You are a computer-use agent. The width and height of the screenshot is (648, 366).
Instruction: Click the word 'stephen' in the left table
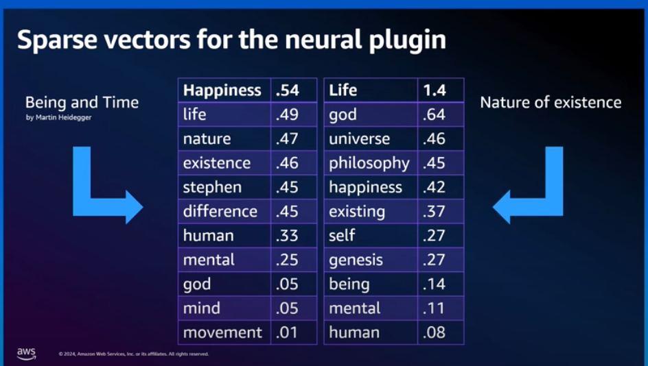(x=212, y=187)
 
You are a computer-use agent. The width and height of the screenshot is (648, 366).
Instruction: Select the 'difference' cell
(x=224, y=211)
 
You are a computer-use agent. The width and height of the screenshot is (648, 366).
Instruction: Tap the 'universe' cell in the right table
(x=371, y=138)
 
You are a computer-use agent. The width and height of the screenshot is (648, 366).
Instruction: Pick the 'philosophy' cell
(x=371, y=163)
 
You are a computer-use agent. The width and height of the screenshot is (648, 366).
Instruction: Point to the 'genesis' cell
(x=371, y=260)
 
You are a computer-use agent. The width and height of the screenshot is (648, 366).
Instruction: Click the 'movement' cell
(x=224, y=332)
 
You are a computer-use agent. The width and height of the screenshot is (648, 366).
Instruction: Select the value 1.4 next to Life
(x=435, y=90)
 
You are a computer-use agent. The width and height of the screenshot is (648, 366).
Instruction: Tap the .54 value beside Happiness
(x=287, y=90)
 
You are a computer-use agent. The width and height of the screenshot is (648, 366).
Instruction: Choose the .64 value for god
(x=434, y=114)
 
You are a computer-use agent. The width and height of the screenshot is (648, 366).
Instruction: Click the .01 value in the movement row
(x=287, y=332)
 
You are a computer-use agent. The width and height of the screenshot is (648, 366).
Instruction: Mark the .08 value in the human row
(x=434, y=332)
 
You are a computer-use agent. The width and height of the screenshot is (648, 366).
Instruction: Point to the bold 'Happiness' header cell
(x=224, y=90)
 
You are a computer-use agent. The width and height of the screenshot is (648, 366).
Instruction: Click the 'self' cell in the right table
(x=371, y=236)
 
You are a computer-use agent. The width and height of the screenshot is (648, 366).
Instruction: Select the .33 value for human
(x=287, y=236)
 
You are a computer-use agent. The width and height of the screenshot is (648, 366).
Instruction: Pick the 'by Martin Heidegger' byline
(x=58, y=118)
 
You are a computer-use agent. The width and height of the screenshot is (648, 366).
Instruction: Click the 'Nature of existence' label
(x=551, y=102)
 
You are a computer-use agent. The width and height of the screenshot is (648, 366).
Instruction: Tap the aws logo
(x=27, y=354)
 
